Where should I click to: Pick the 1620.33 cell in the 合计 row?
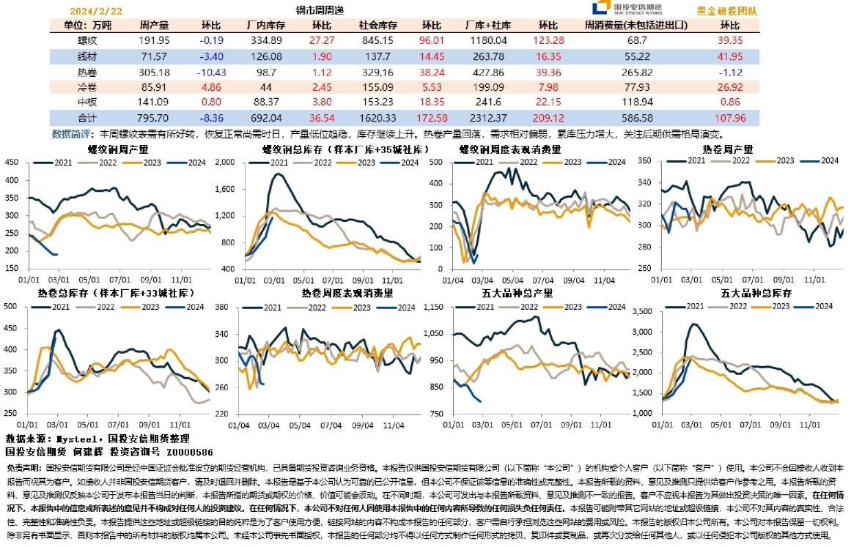coord(377,117)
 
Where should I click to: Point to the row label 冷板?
coord(87,86)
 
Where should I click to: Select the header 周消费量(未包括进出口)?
coord(636,25)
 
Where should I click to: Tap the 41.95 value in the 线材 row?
coord(730,56)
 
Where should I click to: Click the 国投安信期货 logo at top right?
coord(627,9)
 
